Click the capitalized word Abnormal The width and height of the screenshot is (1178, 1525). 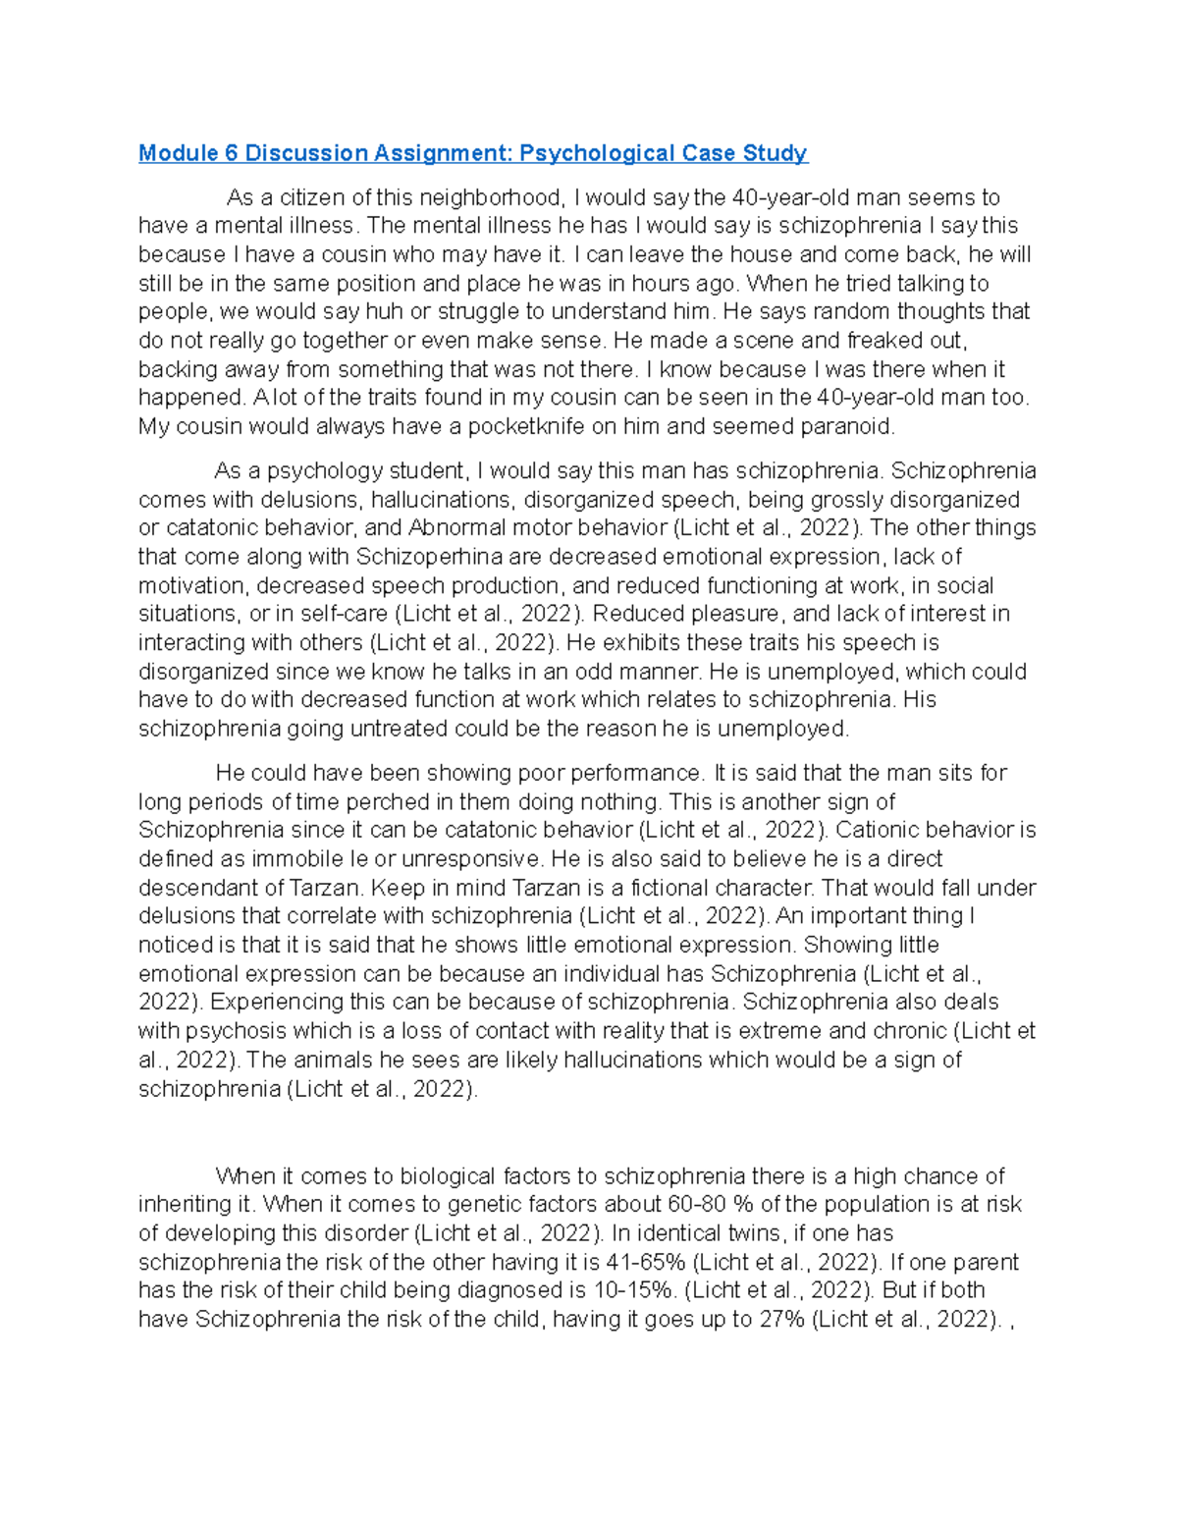point(455,528)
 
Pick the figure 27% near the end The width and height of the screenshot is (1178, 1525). point(781,1320)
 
